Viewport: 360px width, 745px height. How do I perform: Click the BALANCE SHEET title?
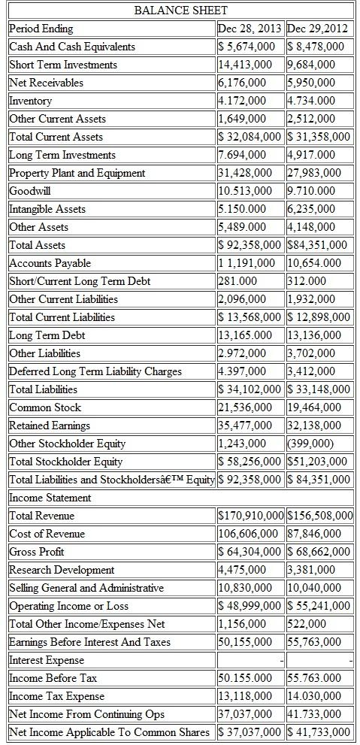click(x=180, y=11)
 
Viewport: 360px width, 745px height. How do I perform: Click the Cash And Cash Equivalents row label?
click(x=72, y=47)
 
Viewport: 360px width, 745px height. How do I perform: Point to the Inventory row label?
click(x=31, y=101)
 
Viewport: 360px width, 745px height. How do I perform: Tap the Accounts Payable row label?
click(x=50, y=263)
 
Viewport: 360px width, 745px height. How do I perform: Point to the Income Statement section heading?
click(x=50, y=498)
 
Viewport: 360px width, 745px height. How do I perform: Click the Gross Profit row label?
click(x=36, y=552)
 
